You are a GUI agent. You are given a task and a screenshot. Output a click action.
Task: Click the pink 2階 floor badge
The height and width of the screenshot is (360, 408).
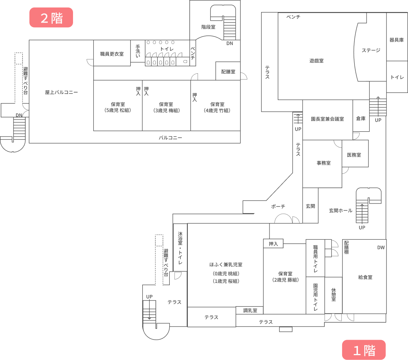(51, 17)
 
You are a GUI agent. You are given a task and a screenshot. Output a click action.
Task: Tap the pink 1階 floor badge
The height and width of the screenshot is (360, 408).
(364, 350)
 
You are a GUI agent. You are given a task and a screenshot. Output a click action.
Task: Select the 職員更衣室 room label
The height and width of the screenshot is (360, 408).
(112, 54)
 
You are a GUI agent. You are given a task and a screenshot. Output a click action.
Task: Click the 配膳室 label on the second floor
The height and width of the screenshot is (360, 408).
(228, 71)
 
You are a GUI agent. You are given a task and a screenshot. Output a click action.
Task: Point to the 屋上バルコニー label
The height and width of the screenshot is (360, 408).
(61, 92)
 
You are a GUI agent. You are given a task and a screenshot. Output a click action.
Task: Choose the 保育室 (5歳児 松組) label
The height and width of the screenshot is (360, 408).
(117, 107)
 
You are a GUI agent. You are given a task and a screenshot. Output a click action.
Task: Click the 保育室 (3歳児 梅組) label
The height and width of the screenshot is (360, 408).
(166, 107)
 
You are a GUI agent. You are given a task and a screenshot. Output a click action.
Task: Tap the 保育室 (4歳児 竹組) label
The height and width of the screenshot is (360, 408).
(217, 107)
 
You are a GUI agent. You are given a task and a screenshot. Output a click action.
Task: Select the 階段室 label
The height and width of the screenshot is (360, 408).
(208, 27)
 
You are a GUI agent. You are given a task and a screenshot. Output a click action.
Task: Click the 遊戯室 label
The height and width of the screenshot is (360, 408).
(317, 61)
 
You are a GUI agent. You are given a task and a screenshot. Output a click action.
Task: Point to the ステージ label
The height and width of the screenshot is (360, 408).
(371, 50)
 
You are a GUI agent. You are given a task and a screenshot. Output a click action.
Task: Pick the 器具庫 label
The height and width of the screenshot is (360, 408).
(397, 40)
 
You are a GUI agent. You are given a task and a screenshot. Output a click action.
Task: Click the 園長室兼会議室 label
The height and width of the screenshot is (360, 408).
(327, 119)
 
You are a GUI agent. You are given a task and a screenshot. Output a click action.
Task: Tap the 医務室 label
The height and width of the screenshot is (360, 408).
(354, 155)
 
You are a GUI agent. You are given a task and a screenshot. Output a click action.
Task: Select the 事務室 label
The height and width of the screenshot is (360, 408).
(324, 163)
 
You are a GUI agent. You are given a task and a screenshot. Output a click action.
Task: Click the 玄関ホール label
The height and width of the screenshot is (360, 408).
(340, 210)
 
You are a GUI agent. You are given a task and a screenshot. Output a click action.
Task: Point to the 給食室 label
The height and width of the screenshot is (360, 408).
(365, 277)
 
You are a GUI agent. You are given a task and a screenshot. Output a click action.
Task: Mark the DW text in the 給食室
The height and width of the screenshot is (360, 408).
(381, 248)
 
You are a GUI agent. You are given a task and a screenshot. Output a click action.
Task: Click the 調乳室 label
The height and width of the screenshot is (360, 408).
(250, 310)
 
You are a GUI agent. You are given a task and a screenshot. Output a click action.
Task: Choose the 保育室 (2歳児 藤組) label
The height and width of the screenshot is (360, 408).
(285, 277)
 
